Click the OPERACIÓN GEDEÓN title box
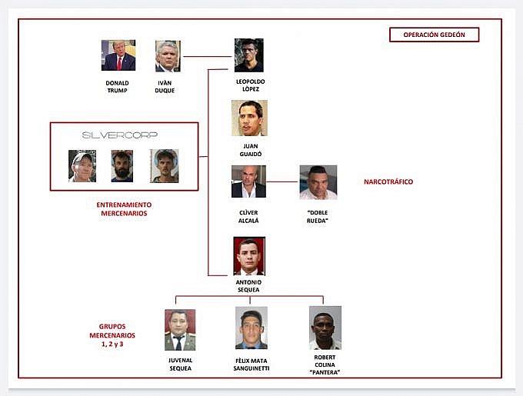pos(434,35)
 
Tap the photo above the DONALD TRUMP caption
pos(118,55)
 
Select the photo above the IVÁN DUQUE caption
pos(168,56)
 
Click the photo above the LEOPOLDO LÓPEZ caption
pos(249,55)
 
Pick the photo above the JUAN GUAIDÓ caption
pos(249,118)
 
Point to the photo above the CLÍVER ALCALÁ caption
pos(248,181)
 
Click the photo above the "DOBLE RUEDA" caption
pos(318,182)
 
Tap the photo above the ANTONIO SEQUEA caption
pos(249,256)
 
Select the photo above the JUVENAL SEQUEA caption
pos(180,330)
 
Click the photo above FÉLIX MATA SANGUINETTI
pos(252,328)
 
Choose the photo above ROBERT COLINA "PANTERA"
pos(325,328)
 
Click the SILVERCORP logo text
pos(120,135)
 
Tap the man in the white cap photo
pos(82,166)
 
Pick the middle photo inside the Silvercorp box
pos(122,166)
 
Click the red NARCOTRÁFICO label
pos(388,181)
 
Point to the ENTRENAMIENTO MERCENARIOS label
pos(124,209)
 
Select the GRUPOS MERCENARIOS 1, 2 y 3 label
pos(112,335)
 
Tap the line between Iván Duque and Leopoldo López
pos(208,56)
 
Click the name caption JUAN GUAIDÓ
pos(251,150)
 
